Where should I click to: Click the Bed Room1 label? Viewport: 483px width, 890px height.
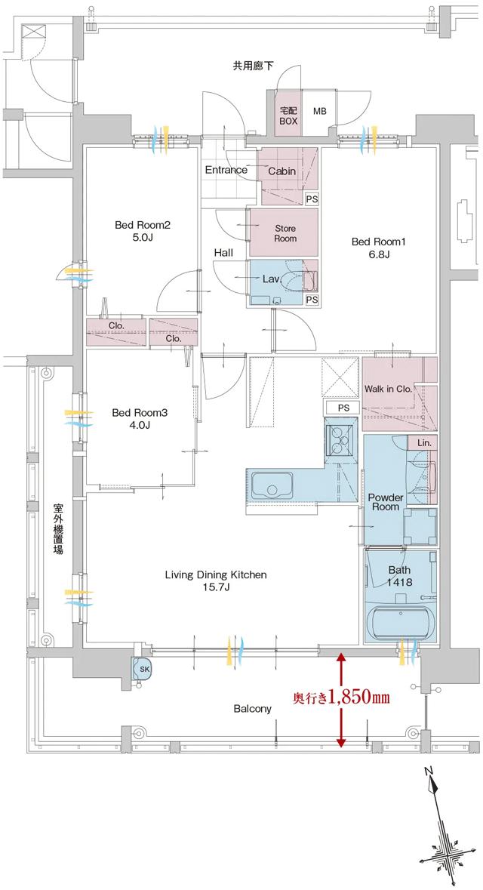tap(379, 248)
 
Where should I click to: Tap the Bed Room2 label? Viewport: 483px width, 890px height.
tap(143, 231)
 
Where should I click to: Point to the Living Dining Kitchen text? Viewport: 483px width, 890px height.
tap(216, 581)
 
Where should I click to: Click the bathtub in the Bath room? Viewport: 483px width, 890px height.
tap(400, 624)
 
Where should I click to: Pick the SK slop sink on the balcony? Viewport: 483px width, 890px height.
tap(143, 668)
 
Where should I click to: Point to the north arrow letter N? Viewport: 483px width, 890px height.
tap(429, 771)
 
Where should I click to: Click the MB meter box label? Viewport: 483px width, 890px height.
tap(320, 112)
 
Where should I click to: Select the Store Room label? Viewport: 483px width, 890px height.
tap(285, 233)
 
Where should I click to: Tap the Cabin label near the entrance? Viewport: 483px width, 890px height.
tap(281, 171)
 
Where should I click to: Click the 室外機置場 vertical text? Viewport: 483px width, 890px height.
tap(58, 528)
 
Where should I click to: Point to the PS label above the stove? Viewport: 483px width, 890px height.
tap(343, 408)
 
